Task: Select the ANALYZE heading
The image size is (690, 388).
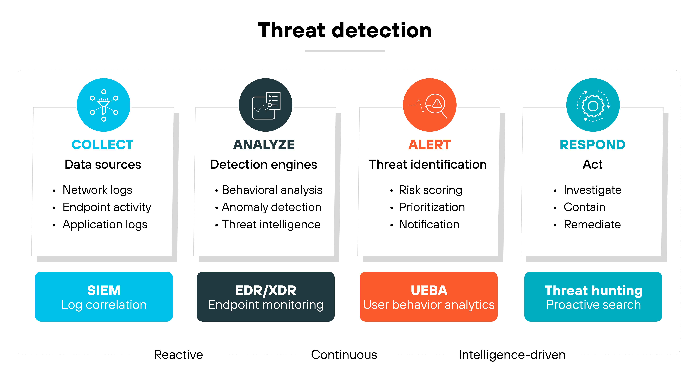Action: pos(264,145)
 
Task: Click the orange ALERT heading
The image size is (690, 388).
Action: pos(430,145)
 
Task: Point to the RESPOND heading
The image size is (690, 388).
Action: pos(593,145)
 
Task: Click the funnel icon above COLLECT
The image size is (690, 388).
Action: pos(104,105)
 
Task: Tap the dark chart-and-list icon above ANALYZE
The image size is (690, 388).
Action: pos(266,105)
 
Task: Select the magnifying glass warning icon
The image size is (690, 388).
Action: pos(430,105)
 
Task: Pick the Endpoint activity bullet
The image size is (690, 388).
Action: pos(107,207)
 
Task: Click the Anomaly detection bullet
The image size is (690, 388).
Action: pos(271,207)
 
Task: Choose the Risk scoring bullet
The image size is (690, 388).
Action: pos(430,190)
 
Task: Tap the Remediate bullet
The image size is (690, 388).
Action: pos(592,224)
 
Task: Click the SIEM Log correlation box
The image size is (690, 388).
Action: pos(104,297)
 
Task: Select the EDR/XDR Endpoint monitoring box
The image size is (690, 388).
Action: pos(266,297)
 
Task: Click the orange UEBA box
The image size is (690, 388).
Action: pos(429,297)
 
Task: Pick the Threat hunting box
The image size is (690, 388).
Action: pos(593,297)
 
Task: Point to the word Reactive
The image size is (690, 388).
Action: pos(178,355)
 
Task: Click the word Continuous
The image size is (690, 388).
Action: pos(344,355)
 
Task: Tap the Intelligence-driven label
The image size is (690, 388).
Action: pos(512,355)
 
